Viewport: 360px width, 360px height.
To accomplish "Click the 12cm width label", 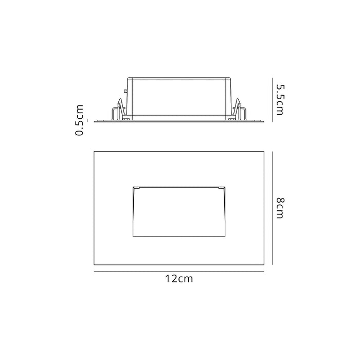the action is (179, 279).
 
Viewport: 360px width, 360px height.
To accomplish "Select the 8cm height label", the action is (280, 208).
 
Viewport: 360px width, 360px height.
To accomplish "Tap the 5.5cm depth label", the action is (280, 100).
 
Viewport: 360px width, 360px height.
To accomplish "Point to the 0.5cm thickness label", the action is (79, 120).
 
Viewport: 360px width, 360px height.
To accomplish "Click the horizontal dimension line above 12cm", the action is (179, 272).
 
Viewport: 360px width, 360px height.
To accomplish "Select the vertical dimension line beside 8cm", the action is (273, 208).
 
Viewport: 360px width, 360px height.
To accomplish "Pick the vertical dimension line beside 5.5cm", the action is (273, 100).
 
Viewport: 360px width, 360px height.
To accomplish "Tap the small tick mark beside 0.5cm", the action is (87, 120).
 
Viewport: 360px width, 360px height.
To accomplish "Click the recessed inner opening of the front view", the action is (179, 212).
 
